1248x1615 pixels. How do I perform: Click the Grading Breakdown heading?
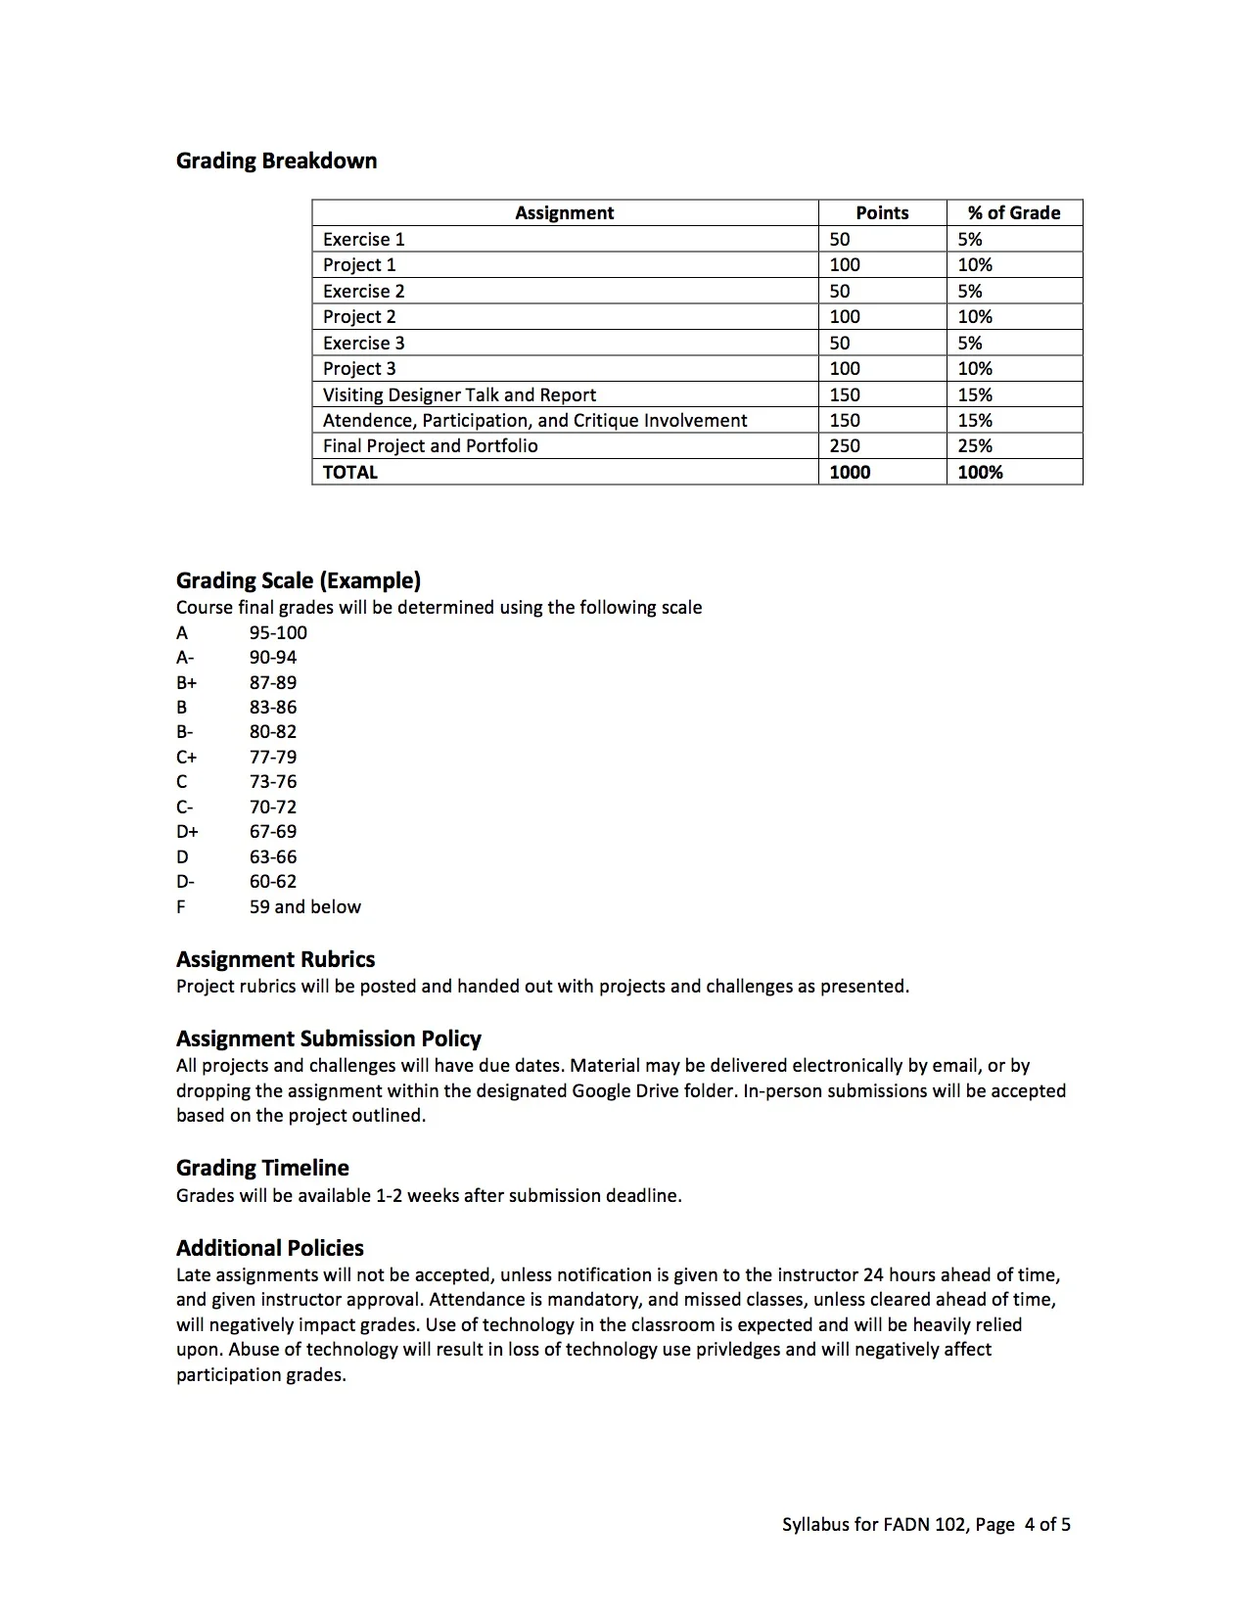pos(276,161)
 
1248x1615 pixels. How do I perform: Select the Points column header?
pos(881,212)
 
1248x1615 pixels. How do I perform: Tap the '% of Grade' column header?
pos(1013,212)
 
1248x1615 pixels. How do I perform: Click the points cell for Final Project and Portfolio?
pos(844,445)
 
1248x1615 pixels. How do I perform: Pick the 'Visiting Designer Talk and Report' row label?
pos(459,394)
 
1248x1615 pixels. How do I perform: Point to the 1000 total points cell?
pos(849,472)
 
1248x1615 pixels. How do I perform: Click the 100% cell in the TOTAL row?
pos(980,472)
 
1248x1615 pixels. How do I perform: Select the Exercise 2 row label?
pos(363,291)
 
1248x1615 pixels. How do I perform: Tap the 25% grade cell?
pos(975,445)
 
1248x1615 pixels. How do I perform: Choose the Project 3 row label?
pos(359,368)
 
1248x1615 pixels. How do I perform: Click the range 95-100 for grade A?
pos(278,632)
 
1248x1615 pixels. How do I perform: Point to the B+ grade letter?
pos(187,682)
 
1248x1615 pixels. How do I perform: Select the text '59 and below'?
pos(304,906)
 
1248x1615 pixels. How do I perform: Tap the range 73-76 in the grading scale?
pos(272,781)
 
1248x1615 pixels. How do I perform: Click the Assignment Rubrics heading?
pos(275,959)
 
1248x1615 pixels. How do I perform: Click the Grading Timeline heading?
pos(262,1168)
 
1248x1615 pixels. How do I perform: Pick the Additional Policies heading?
pos(269,1248)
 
